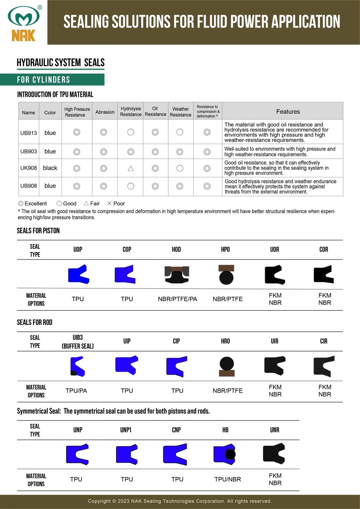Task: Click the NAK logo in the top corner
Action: pyautogui.click(x=23, y=23)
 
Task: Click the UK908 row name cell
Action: pyautogui.click(x=29, y=168)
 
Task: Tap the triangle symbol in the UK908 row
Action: pyautogui.click(x=130, y=169)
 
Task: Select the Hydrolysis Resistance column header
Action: pyautogui.click(x=130, y=111)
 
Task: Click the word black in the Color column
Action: pyautogui.click(x=50, y=168)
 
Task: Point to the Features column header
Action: pyautogui.click(x=288, y=112)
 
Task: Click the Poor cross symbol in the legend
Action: pyautogui.click(x=109, y=203)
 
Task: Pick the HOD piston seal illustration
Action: pyautogui.click(x=177, y=274)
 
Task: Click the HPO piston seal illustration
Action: pyautogui.click(x=226, y=274)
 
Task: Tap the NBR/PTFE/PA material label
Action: pyautogui.click(x=178, y=299)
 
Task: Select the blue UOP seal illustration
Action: pyautogui.click(x=78, y=274)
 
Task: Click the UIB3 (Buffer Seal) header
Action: pyautogui.click(x=78, y=341)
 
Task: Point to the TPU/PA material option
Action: pyautogui.click(x=76, y=391)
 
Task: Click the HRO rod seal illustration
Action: pyautogui.click(x=226, y=367)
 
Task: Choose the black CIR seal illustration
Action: pyautogui.click(x=324, y=366)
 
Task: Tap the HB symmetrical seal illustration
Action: pyautogui.click(x=225, y=454)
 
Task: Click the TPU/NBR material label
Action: pyautogui.click(x=227, y=479)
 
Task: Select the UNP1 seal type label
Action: pyautogui.click(x=126, y=430)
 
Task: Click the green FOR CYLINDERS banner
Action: pyautogui.click(x=52, y=80)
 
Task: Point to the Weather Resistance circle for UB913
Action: pyautogui.click(x=180, y=132)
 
